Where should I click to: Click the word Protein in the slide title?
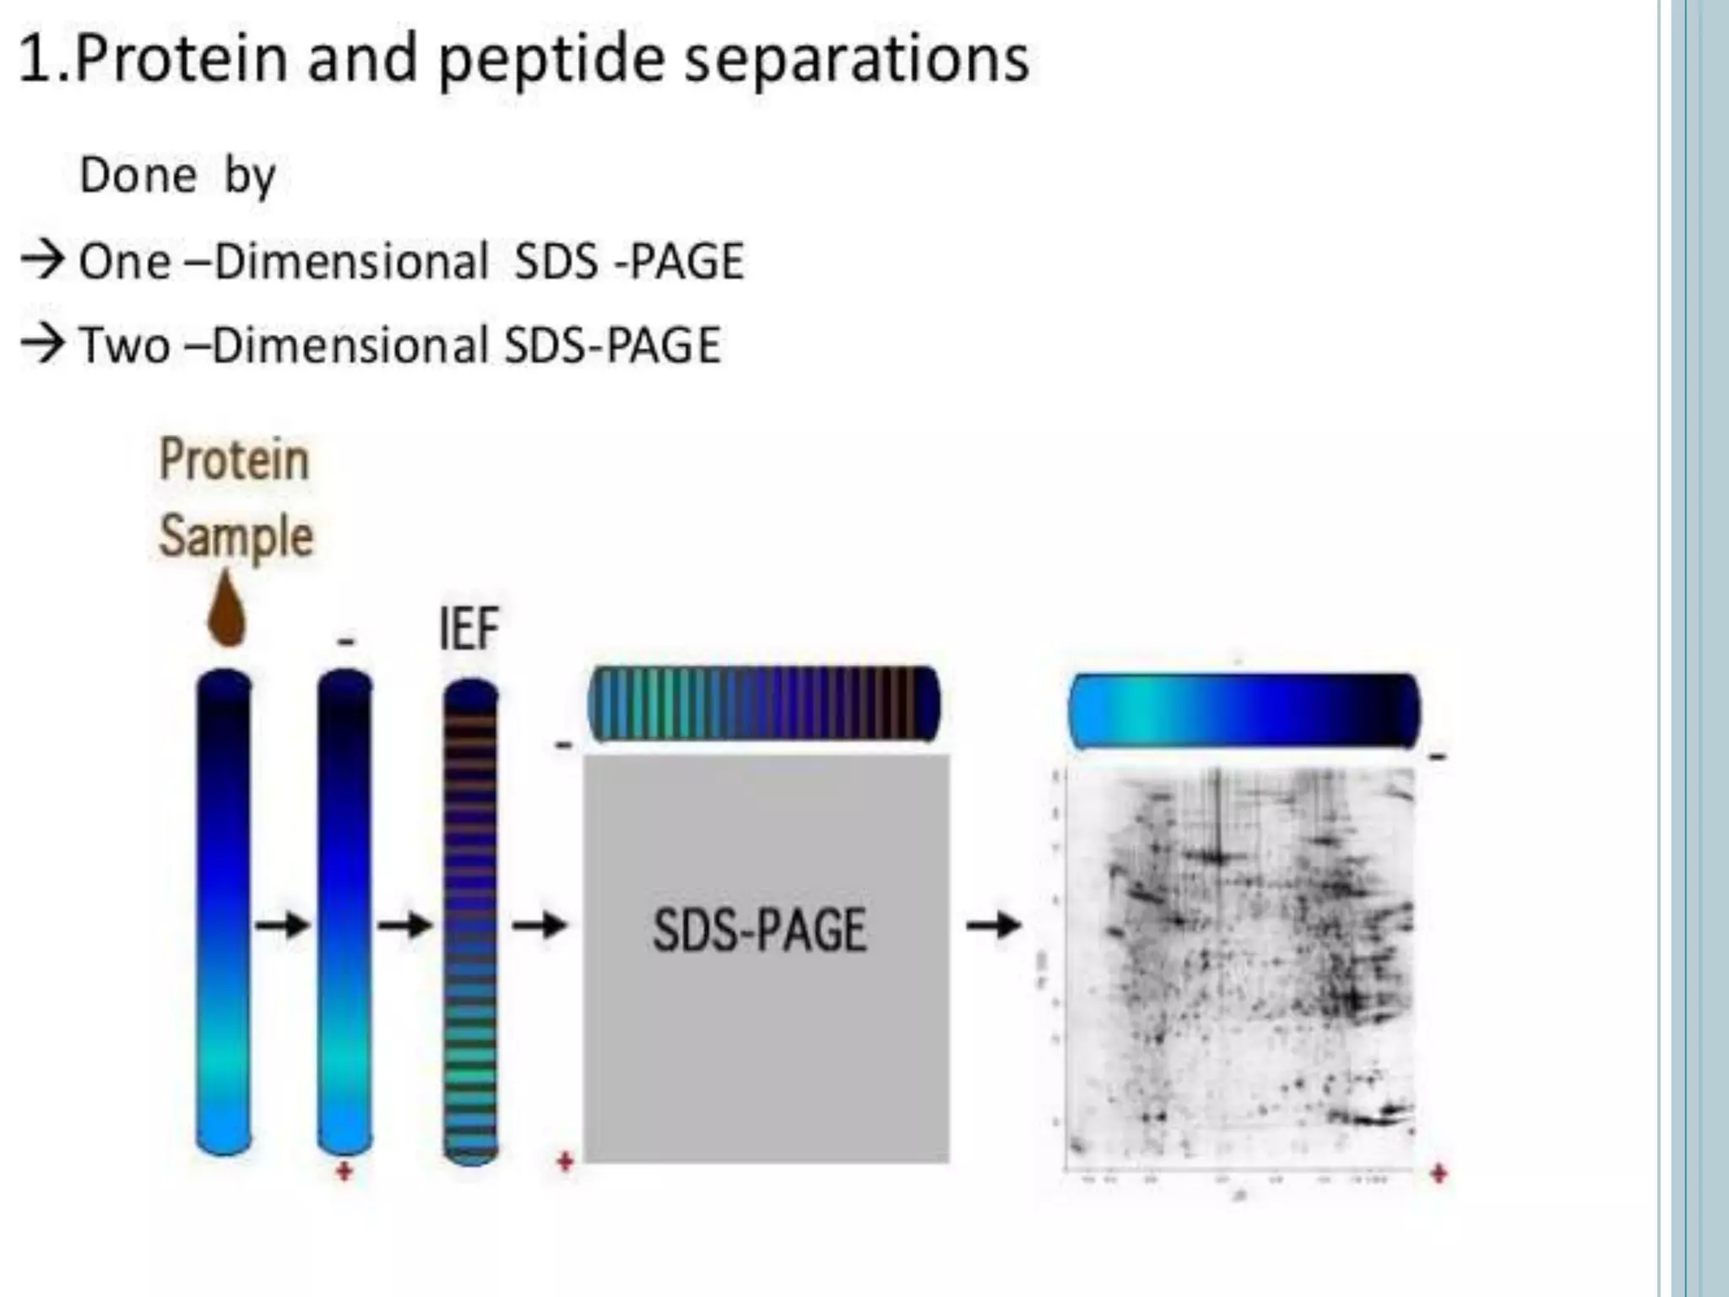pos(181,59)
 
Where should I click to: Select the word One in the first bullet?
pos(124,262)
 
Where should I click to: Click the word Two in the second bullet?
pos(124,346)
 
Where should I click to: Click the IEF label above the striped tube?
pos(469,629)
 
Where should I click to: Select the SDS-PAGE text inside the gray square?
pos(760,931)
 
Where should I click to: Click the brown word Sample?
pos(236,536)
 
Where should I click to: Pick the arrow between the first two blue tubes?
pos(283,925)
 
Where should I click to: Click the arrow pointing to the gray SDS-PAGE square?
pos(539,925)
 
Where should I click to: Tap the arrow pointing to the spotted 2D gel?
pos(994,925)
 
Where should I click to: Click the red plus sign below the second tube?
pos(344,1171)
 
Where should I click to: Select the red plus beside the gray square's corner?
pos(566,1163)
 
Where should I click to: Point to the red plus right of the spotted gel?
pos(1439,1173)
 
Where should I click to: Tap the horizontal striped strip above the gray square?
pos(764,703)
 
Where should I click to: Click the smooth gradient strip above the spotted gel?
pos(1244,710)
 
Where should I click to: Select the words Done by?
pos(177,176)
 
